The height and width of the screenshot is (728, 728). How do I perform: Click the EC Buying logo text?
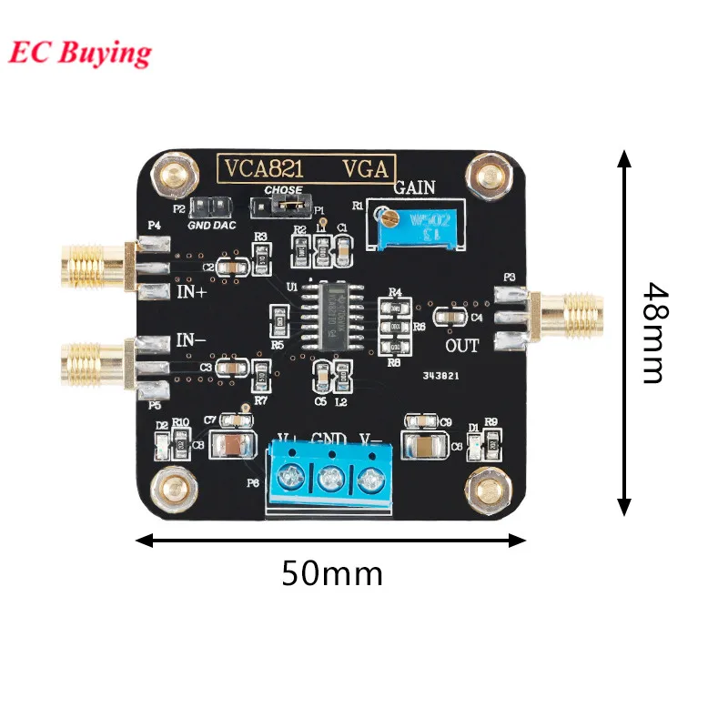pyautogui.click(x=80, y=52)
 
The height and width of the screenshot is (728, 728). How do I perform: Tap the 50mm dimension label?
pyautogui.click(x=331, y=573)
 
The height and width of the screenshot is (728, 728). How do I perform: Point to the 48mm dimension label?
pyautogui.click(x=653, y=332)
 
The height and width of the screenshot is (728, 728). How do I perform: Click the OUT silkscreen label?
pyautogui.click(x=461, y=346)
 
